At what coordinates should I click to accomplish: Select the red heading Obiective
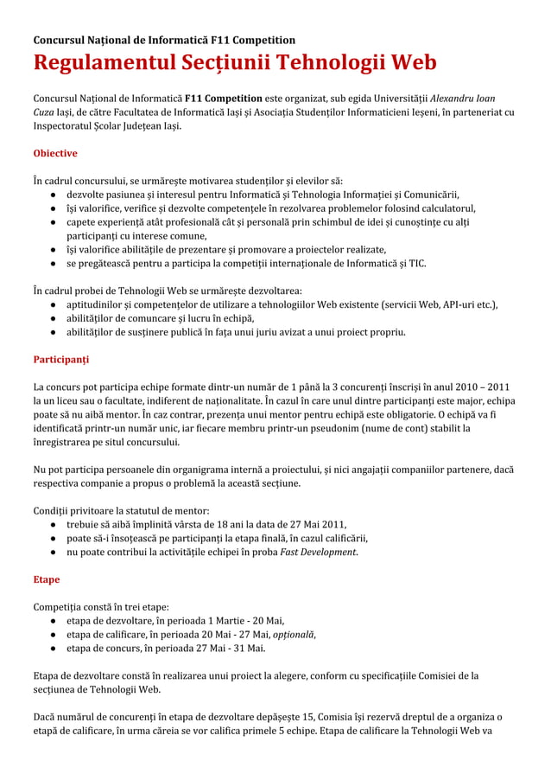[x=54, y=153]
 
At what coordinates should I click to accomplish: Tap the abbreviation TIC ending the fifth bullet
[x=417, y=263]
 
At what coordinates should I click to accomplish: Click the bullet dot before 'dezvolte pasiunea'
[x=54, y=195]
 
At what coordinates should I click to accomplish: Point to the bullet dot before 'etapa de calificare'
[x=54, y=634]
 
